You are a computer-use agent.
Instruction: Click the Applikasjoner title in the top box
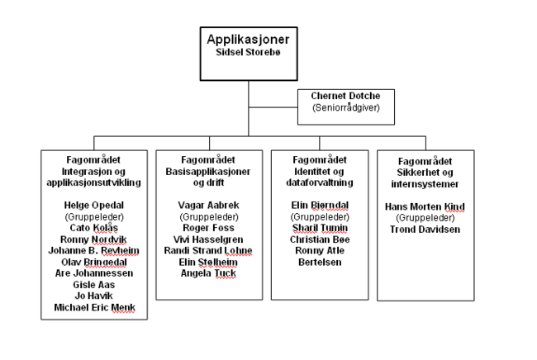click(249, 39)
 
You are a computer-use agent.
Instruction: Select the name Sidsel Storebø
click(249, 52)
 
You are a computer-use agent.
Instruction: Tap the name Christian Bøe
click(320, 239)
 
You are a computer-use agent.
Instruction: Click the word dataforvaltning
click(320, 182)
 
